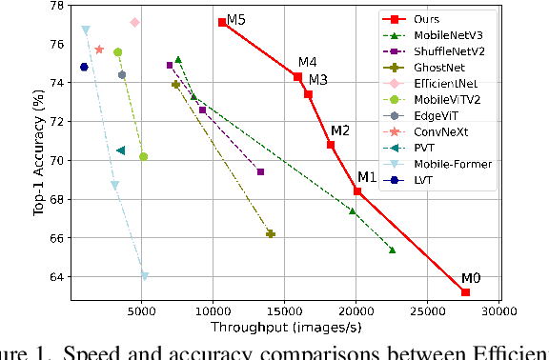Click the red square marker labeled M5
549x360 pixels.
222,22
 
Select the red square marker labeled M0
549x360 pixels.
466,292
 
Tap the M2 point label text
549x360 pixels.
340,130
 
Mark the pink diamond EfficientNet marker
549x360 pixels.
134,22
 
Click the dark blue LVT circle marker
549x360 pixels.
84,67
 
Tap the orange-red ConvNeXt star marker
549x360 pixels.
99,50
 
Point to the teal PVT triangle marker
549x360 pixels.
121,150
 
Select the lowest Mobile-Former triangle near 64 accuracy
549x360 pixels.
144,276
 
